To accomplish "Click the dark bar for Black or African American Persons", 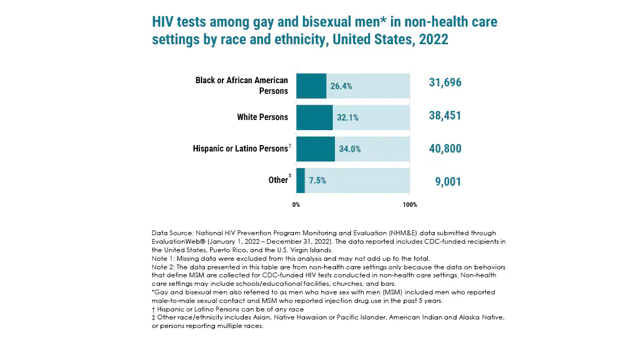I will coord(311,86).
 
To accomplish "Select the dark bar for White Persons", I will coord(314,117).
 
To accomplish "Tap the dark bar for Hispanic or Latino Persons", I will coord(315,149).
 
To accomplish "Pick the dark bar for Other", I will coord(300,180).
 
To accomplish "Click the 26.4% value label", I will coord(341,86).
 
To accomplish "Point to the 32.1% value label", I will coord(347,118).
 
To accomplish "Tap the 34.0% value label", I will coord(349,149).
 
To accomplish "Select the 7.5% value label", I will coord(317,181).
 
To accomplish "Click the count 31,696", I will coord(445,83).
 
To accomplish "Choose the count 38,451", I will coord(445,116).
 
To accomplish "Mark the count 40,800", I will coord(445,149).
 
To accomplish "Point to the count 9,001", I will coord(448,182).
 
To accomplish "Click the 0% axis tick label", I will coord(296,205).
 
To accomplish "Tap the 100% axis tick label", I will coord(410,205).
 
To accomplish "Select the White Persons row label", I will coord(262,117).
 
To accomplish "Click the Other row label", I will coord(278,180).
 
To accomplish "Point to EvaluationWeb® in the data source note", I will coord(175,241).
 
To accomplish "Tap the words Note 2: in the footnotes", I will coord(163,267).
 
